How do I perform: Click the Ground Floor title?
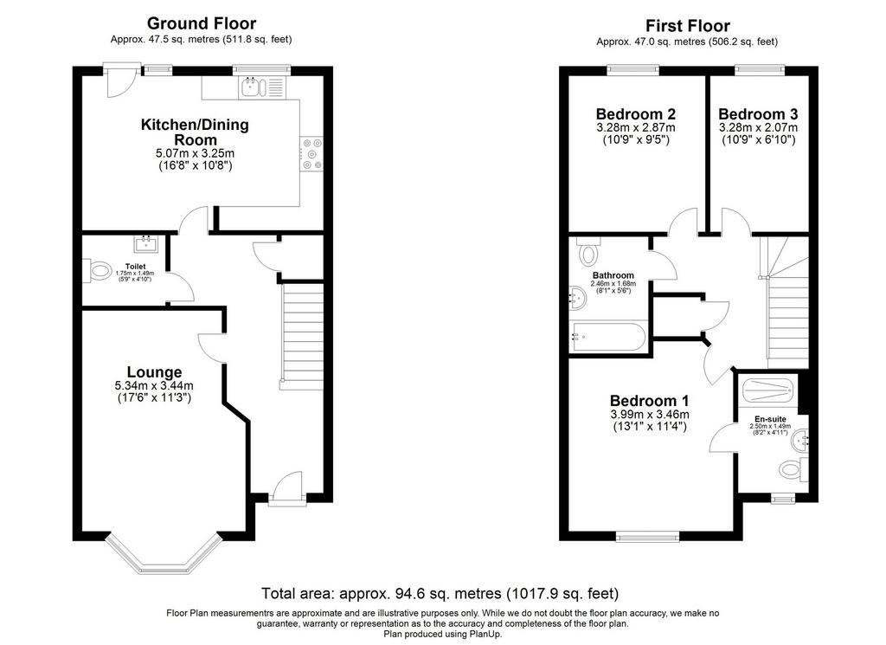point(201,23)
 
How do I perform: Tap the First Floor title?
point(688,25)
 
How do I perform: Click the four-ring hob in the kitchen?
point(311,154)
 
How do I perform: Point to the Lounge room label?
point(154,372)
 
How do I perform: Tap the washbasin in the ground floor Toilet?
point(146,243)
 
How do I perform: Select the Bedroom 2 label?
point(636,114)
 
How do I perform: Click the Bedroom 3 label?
point(758,114)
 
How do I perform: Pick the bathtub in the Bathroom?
point(608,337)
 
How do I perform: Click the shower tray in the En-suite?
point(768,390)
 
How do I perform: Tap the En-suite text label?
point(770,419)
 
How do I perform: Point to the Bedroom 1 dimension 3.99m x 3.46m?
point(650,415)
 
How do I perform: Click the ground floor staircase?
point(302,336)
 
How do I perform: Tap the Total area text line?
point(440,594)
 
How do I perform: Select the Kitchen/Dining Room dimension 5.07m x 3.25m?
point(195,153)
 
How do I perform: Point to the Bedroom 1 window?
point(647,537)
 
